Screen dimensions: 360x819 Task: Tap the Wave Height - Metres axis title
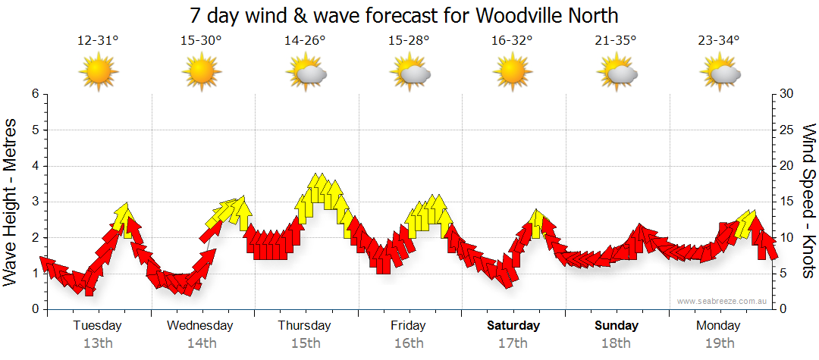pos(11,202)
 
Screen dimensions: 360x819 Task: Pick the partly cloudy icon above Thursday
pos(306,74)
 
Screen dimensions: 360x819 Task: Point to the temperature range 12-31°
pos(98,41)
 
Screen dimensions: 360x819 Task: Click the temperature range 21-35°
pos(615,41)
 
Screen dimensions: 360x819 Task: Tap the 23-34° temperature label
pos(719,41)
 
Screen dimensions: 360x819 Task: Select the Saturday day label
pos(513,326)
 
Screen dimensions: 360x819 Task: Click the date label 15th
pos(305,343)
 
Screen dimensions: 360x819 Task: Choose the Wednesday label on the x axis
pos(200,326)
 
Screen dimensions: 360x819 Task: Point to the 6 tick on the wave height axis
pos(34,94)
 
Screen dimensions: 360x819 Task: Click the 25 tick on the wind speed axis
pos(786,130)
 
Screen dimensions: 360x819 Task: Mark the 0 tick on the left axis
pos(34,309)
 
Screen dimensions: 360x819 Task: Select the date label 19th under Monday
pos(720,343)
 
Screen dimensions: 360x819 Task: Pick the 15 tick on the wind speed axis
pos(786,202)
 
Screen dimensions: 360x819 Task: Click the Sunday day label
pos(616,326)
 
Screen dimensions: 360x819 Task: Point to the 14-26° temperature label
pos(305,41)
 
